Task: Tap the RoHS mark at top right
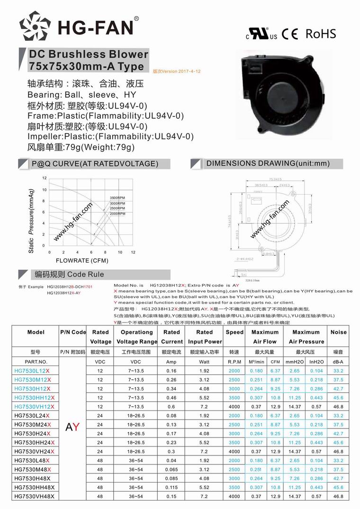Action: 321,34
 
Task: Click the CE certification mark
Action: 289,34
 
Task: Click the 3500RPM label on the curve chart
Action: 117,197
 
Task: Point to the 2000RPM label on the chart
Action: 117,214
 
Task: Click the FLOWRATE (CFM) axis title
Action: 82,260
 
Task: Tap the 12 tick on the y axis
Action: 45,178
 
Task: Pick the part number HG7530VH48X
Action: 34,496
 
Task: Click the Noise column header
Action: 338,332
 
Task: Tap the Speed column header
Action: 234,332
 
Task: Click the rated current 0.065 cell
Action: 171,469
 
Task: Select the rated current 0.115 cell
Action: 171,487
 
